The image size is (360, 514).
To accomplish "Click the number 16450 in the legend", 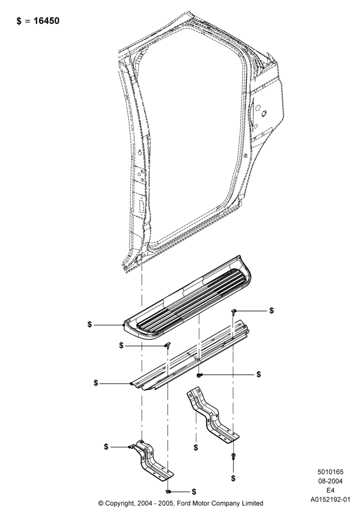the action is coord(47,21).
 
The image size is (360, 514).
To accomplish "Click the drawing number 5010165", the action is coord(330,472).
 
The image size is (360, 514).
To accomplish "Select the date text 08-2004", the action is coord(330,481).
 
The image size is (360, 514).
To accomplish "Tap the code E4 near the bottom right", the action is coord(330,490).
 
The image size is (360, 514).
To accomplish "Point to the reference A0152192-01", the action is coord(331,500).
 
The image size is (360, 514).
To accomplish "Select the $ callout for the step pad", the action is coord(89,324).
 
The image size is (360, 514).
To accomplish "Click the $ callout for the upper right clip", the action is coord(272,310).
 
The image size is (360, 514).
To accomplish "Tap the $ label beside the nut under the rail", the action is coord(259,374).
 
